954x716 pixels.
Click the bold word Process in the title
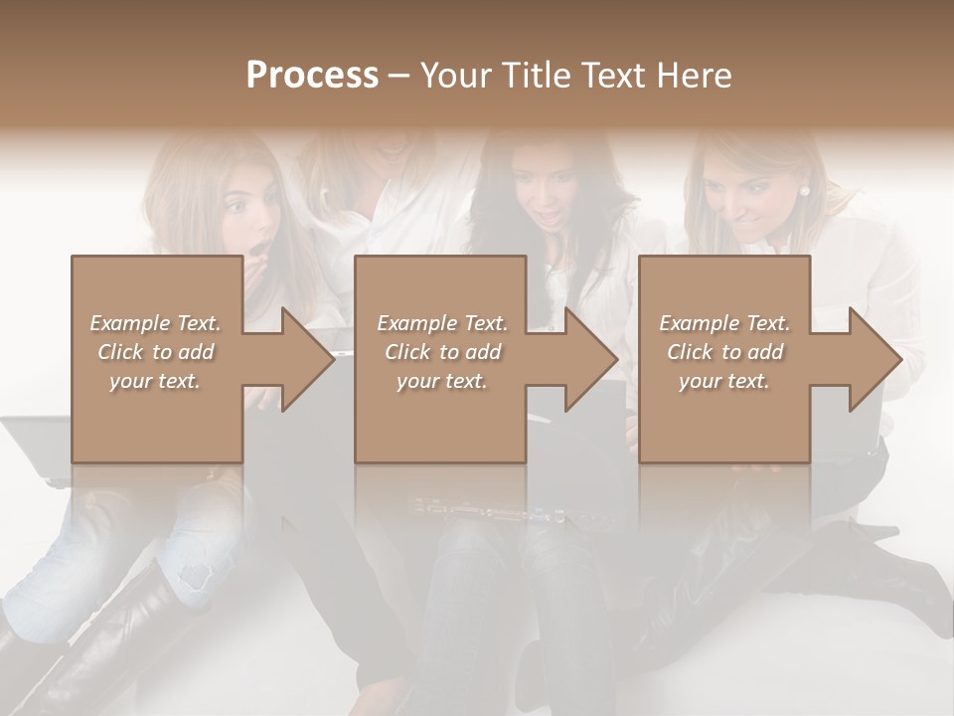point(312,76)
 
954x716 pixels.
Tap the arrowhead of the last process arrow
point(874,359)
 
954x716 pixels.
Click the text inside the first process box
point(155,352)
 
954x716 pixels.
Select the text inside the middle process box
point(441,352)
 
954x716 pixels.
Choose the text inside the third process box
point(723,352)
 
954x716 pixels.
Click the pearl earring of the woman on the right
point(804,191)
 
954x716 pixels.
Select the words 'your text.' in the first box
point(155,380)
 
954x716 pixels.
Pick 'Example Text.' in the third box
point(723,323)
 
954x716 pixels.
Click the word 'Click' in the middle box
point(405,352)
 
